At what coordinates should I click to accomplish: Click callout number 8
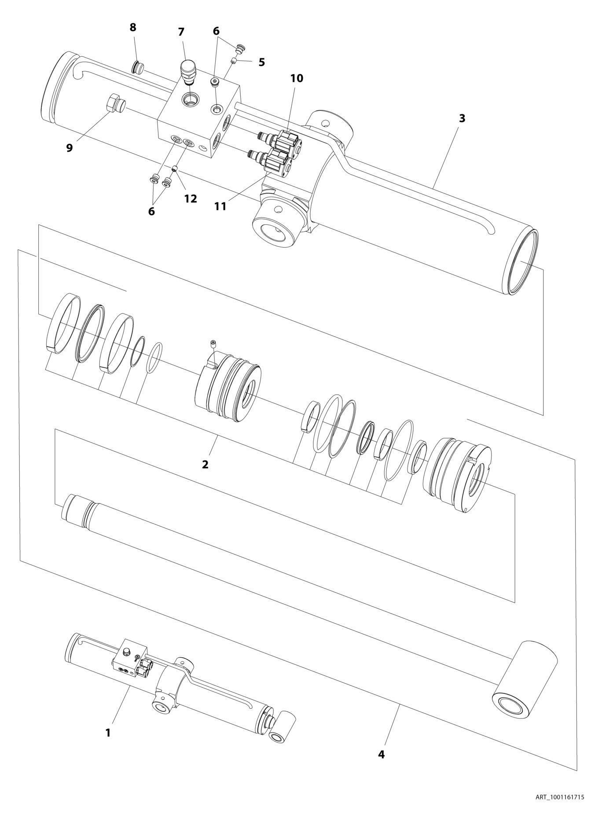pyautogui.click(x=133, y=27)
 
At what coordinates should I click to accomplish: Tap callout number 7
pyautogui.click(x=181, y=32)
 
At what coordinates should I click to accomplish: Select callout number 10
pyautogui.click(x=297, y=78)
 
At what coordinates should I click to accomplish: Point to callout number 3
pyautogui.click(x=462, y=118)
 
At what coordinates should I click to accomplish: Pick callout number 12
pyautogui.click(x=190, y=198)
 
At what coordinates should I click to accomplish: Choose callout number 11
pyautogui.click(x=220, y=205)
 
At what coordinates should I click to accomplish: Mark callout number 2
pyautogui.click(x=205, y=464)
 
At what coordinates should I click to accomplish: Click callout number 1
pyautogui.click(x=107, y=733)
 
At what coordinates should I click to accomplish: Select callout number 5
pyautogui.click(x=262, y=62)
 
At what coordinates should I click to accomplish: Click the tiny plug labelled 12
pyautogui.click(x=174, y=168)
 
